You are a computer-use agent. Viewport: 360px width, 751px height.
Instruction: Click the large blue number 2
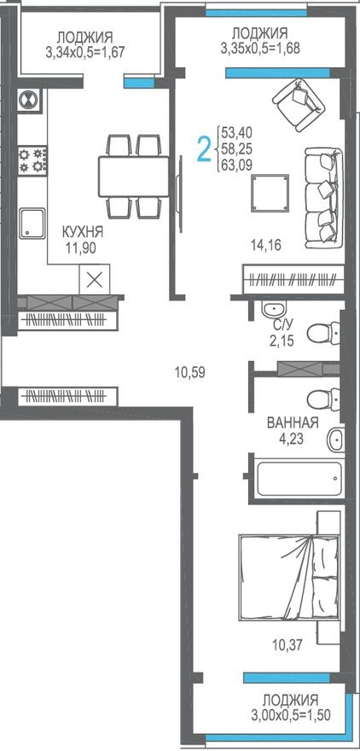204,149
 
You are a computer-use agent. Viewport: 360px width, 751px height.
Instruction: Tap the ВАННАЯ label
293,423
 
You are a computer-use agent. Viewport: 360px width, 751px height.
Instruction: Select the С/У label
284,325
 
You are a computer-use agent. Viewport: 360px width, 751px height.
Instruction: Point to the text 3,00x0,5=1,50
297,714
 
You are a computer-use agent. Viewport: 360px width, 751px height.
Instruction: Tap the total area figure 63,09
238,166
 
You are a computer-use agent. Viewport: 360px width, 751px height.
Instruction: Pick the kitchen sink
33,222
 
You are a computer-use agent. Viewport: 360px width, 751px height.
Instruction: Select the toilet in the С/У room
321,330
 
